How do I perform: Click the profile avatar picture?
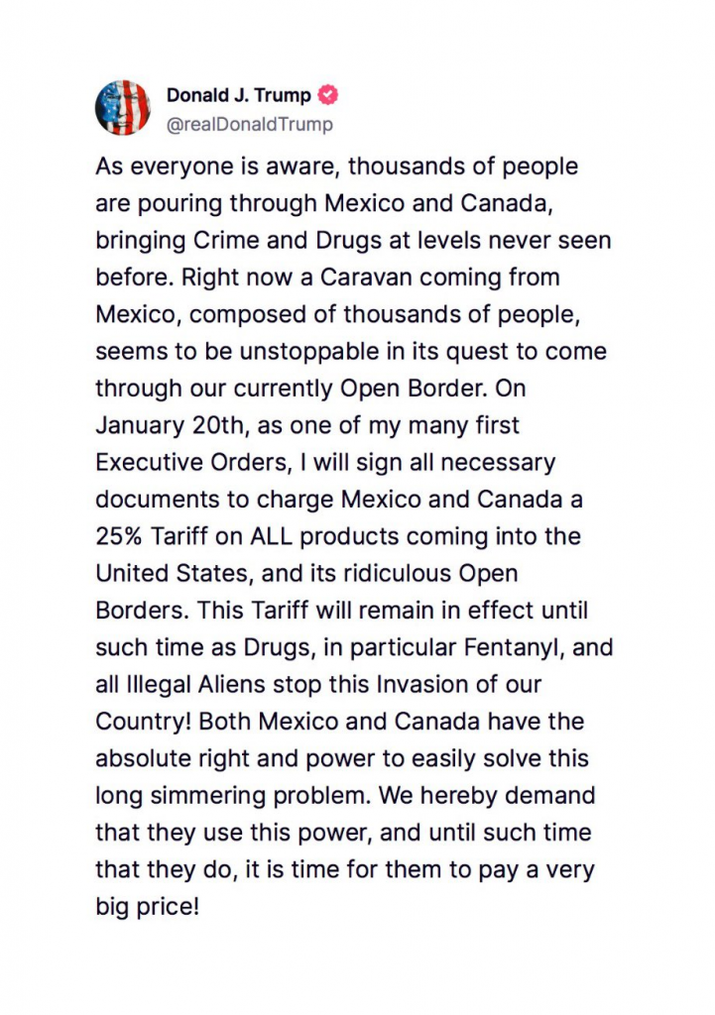point(122,107)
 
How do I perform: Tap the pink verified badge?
point(328,95)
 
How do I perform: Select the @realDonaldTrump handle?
point(249,125)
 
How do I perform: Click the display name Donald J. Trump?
point(238,95)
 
